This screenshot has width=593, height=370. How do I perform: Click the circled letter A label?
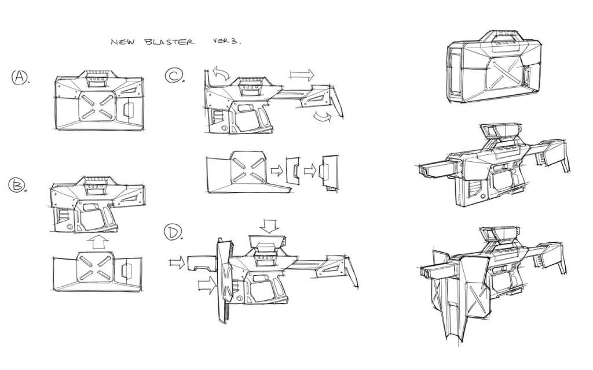tap(20, 77)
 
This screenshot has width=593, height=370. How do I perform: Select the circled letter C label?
tap(174, 75)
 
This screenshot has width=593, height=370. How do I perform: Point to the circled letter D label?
tap(173, 232)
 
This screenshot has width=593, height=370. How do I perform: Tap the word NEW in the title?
tap(122, 42)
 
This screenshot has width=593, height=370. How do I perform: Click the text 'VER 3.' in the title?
tap(227, 41)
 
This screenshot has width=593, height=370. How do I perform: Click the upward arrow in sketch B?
tap(98, 242)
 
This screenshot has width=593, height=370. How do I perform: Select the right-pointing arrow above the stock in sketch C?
tap(302, 75)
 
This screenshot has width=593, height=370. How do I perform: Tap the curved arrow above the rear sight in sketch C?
tap(221, 72)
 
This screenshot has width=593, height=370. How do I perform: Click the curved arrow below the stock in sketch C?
tap(322, 117)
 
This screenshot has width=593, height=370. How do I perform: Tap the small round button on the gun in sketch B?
tap(69, 227)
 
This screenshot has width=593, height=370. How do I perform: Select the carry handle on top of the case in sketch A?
tap(98, 79)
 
